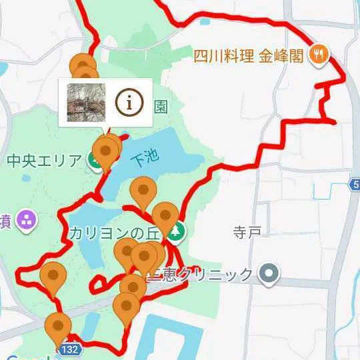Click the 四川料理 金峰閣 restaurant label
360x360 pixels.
251,54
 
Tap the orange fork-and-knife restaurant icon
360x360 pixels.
319,54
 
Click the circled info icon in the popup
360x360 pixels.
129,102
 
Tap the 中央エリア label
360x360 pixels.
43,161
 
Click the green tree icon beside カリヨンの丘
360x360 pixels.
177,232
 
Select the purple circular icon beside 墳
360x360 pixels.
26,219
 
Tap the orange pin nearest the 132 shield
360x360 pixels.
58,327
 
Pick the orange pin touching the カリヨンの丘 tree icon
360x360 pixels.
165,216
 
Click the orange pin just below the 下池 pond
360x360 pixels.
142,191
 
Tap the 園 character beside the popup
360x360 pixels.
160,107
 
